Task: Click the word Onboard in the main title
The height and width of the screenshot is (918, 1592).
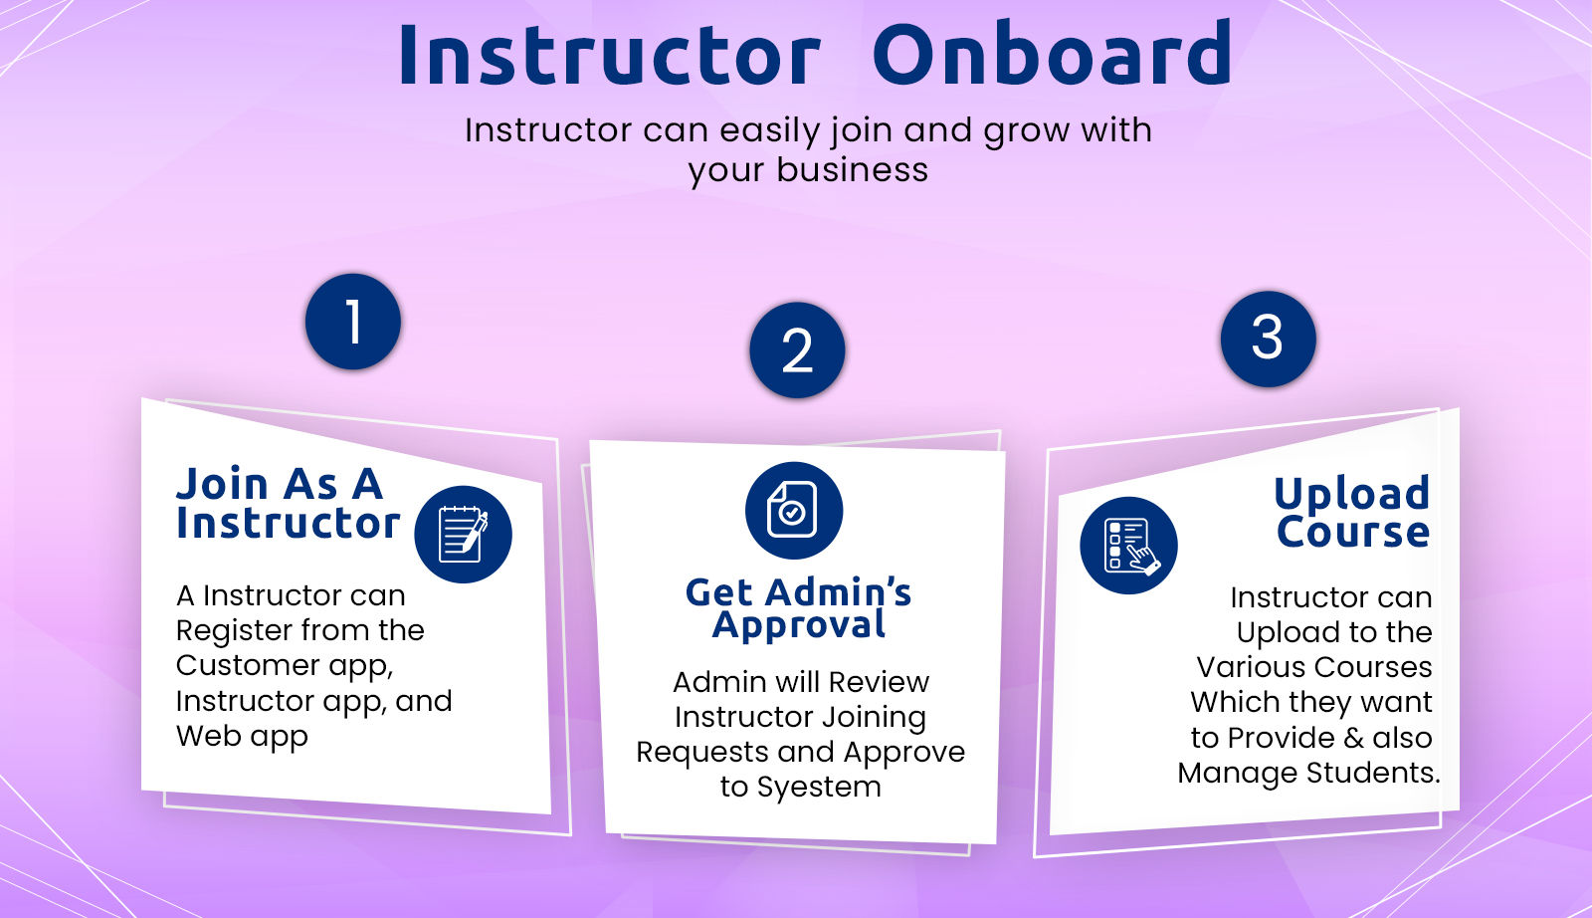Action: [x=1052, y=55]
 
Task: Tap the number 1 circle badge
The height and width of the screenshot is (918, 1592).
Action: [x=353, y=323]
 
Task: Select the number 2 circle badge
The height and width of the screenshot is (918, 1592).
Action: [x=797, y=350]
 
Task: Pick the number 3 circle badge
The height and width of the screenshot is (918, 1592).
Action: [x=1268, y=339]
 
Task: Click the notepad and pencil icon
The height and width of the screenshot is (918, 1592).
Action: [x=463, y=534]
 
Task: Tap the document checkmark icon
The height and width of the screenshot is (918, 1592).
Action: [x=793, y=510]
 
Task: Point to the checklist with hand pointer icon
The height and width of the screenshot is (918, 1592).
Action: [x=1128, y=546]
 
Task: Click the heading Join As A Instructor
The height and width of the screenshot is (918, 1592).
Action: [x=288, y=504]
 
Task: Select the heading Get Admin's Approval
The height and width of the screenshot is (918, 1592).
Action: [x=798, y=608]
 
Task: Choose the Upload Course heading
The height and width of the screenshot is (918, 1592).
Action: [x=1352, y=512]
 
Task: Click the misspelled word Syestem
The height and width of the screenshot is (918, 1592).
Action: [x=819, y=787]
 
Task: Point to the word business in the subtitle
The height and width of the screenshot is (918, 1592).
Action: [x=852, y=170]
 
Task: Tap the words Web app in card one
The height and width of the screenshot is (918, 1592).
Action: [x=242, y=737]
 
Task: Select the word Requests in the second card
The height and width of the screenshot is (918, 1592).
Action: [x=702, y=752]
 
